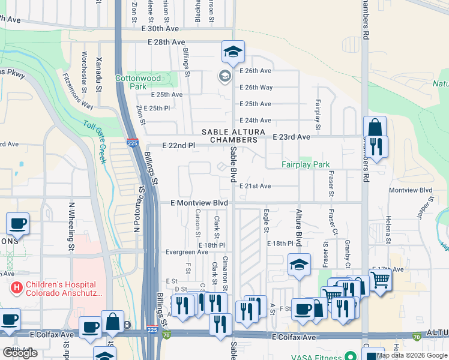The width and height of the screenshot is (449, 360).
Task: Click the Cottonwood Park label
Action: click(x=138, y=82)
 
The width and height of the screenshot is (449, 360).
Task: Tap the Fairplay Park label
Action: click(x=306, y=164)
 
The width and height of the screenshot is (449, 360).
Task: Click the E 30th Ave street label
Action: click(x=160, y=29)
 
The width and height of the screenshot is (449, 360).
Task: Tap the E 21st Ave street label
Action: click(x=255, y=186)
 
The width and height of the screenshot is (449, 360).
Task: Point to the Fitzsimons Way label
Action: click(x=78, y=91)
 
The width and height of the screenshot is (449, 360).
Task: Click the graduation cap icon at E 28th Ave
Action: click(x=232, y=52)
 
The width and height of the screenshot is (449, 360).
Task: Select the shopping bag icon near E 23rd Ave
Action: click(x=375, y=128)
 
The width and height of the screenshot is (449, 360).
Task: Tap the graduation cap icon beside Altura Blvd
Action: click(x=299, y=265)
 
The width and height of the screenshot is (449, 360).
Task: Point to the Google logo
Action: click(x=20, y=353)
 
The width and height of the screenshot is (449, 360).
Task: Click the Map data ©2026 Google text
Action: click(x=412, y=355)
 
